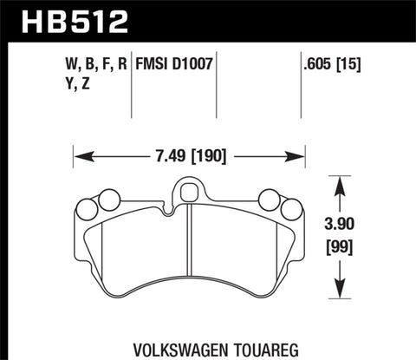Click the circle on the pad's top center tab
pos(188,189)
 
